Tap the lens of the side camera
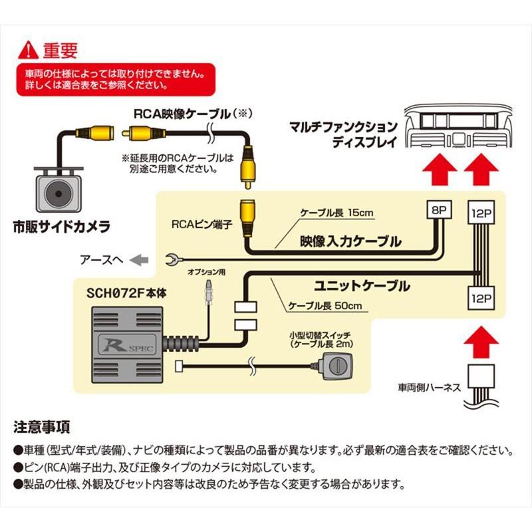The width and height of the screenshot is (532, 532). coord(58,194)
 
